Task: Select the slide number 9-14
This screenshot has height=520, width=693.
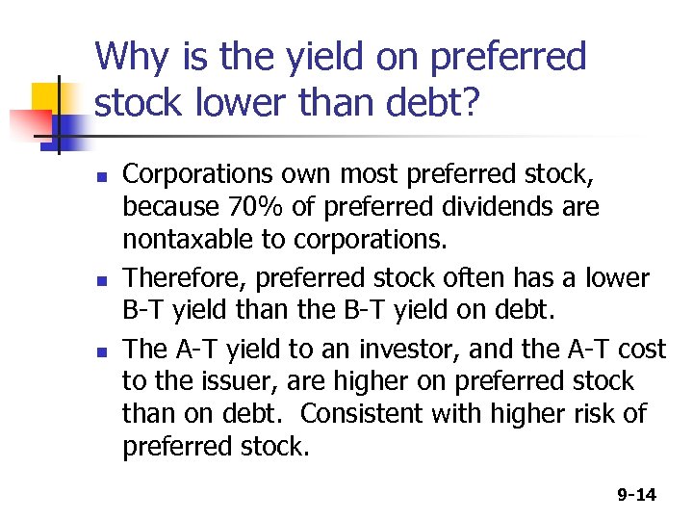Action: pos(636,495)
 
